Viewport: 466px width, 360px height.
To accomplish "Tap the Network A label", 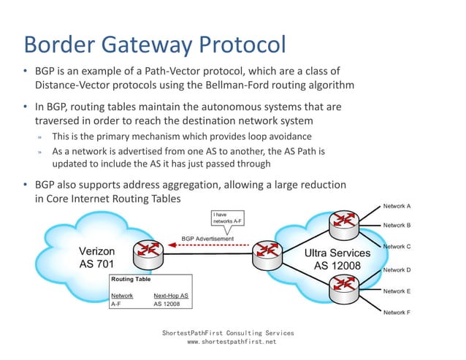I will coord(397,207).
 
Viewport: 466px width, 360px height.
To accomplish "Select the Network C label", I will coord(397,247).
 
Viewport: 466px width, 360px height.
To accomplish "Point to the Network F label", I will coord(397,313).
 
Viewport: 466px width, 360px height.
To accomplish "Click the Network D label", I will coord(397,270).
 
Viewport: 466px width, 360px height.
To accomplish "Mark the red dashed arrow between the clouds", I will coord(212,246).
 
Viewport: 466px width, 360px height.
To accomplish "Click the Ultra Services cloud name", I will coord(337,253).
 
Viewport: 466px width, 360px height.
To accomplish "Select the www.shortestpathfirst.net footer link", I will coord(232,341).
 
